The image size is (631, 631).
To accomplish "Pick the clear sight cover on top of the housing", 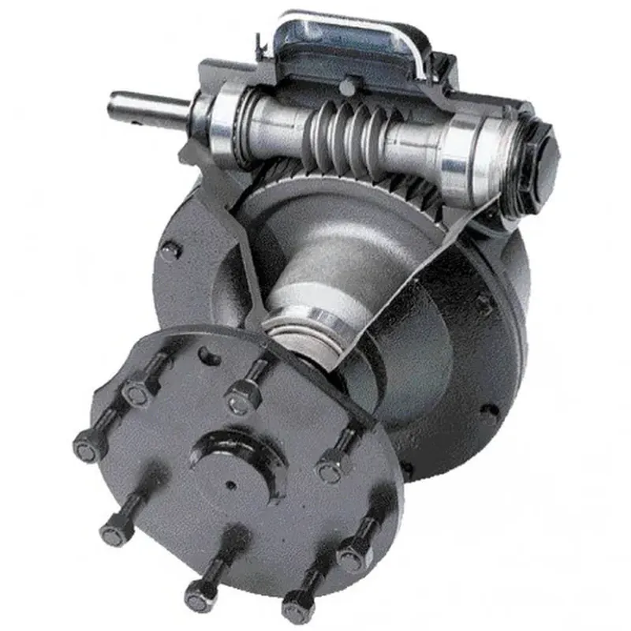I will click(347, 39).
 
